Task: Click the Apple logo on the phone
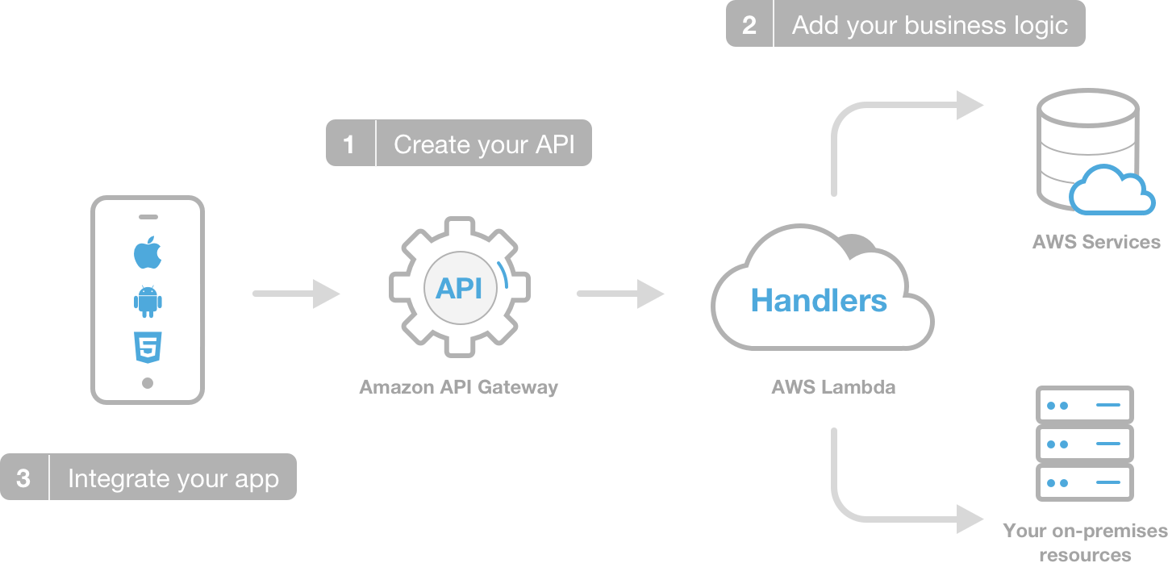click(148, 254)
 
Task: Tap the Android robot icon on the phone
click(148, 301)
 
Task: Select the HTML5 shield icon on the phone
click(148, 347)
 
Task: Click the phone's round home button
click(148, 383)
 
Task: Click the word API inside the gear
click(459, 288)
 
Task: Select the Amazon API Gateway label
click(458, 387)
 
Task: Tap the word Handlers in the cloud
click(819, 301)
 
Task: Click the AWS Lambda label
click(833, 387)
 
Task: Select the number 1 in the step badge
click(349, 144)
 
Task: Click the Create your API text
click(484, 144)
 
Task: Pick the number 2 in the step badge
click(749, 25)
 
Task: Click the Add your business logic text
click(929, 25)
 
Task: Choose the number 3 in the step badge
click(23, 478)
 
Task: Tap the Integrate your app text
click(173, 478)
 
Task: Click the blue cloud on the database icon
click(1112, 191)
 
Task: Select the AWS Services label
click(1096, 242)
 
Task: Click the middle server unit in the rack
click(1084, 444)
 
